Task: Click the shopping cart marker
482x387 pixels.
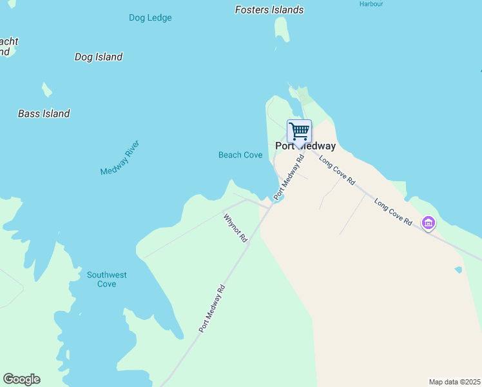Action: pos(299,132)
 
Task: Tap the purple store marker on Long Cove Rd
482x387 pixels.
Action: pos(429,223)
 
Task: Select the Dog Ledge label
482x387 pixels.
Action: pos(150,18)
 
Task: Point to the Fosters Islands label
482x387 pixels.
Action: pos(269,10)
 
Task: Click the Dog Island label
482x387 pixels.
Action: pos(99,57)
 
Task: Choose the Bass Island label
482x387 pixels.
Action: pos(44,114)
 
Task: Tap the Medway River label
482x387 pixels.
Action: pos(120,158)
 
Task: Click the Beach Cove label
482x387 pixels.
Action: pos(240,155)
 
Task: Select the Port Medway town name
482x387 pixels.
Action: pos(305,146)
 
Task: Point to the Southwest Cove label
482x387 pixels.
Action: pos(107,279)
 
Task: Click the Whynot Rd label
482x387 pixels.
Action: pos(235,228)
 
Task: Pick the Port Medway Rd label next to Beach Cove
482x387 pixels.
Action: pos(289,176)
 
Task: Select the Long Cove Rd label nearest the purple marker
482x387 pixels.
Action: pos(393,212)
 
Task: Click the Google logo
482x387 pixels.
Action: pos(21,379)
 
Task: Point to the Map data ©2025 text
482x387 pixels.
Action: pos(454,382)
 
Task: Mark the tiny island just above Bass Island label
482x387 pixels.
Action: pos(46,89)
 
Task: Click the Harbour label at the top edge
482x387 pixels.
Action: pos(371,3)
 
